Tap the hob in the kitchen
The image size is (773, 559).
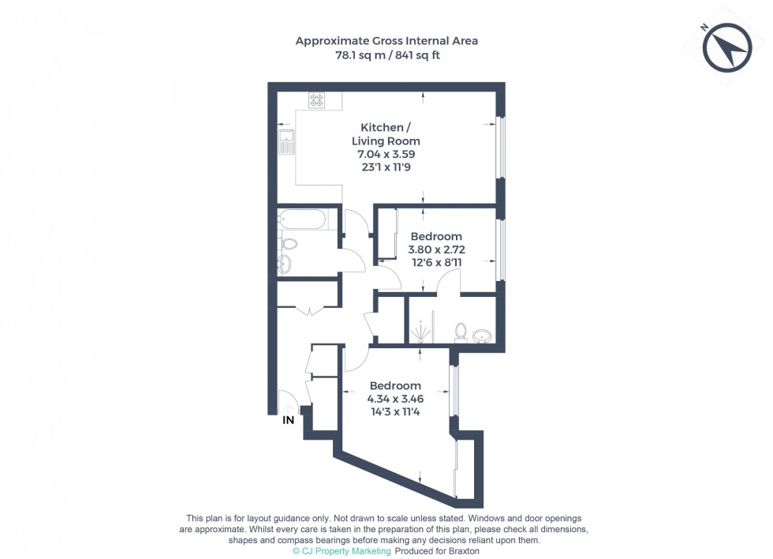point(317,100)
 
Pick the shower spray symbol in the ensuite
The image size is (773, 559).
point(422,325)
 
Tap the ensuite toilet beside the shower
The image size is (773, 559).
point(461,332)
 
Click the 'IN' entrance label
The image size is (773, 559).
point(289,420)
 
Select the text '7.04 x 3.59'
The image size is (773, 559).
point(386,154)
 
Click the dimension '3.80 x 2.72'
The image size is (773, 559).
point(435,249)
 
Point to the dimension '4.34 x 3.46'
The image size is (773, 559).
point(395,398)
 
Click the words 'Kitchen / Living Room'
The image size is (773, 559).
point(386,134)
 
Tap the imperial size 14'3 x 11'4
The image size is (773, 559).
point(395,411)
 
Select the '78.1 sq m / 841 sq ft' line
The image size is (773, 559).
point(386,55)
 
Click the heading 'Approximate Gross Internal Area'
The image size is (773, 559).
point(386,40)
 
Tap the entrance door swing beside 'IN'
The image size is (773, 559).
point(287,402)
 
